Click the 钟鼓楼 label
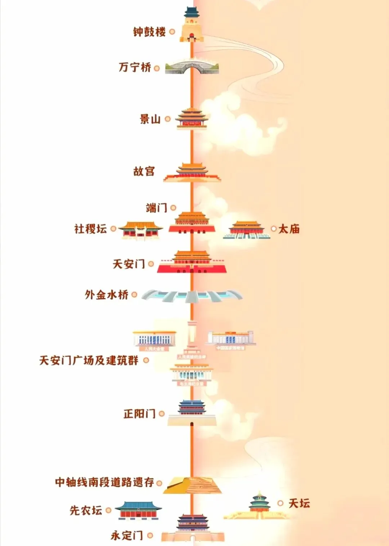pos(149,32)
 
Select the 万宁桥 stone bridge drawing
pos(192,67)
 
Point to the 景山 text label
pos(150,119)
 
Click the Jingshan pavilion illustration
pos(192,118)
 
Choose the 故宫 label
pos(144,171)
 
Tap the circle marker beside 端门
pos(173,208)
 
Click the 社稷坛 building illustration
pos(140,230)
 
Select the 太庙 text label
pos(289,229)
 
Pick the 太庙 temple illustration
pos(246,230)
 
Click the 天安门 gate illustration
pos(192,262)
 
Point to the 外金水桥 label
pos(107,295)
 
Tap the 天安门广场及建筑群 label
pos(89,360)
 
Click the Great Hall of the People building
pos(154,339)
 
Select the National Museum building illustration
pos(231,338)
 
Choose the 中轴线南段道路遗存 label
pos(104,482)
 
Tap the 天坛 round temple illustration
pos(259,502)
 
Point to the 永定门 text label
pos(127,535)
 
